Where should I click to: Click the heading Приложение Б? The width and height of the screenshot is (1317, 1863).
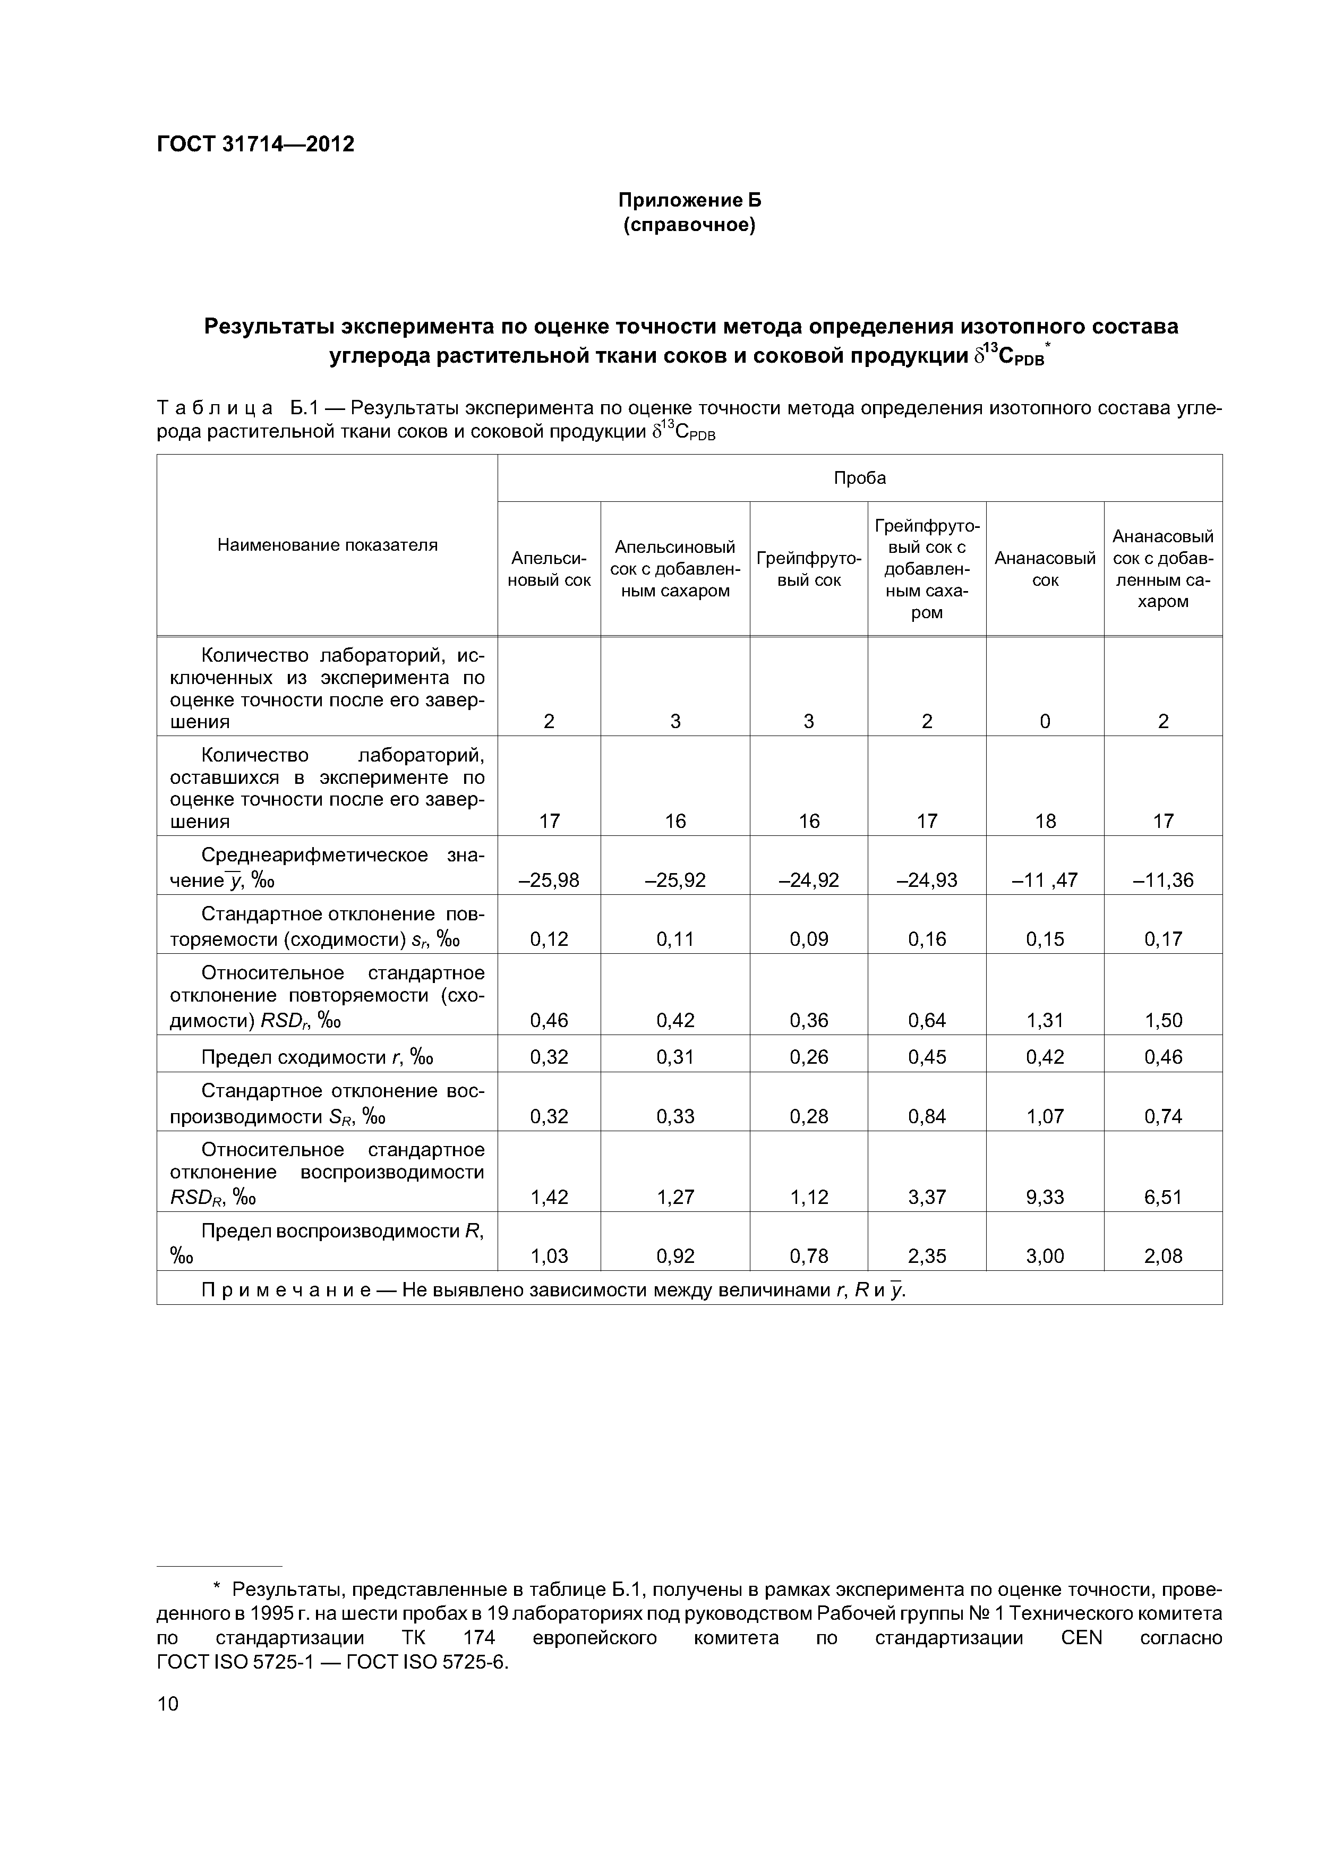[x=689, y=200]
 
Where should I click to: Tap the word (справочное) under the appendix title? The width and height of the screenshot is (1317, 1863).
[x=689, y=225]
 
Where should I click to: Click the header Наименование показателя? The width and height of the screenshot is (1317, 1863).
[x=327, y=544]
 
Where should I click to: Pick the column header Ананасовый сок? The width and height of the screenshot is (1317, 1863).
[x=1045, y=569]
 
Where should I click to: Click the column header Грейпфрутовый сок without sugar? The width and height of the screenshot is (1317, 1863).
[x=808, y=569]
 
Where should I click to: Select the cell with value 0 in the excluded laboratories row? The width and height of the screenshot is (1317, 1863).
[x=1045, y=721]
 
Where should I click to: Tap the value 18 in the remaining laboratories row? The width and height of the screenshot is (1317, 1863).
[x=1045, y=821]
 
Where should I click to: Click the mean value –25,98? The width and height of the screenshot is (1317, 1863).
[x=549, y=879]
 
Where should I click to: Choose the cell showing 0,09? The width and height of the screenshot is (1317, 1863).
[x=808, y=939]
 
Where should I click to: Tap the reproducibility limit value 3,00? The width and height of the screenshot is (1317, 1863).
[x=1045, y=1256]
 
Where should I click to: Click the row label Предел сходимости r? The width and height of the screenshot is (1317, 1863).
[x=317, y=1056]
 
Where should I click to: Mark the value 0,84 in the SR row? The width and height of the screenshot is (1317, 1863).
[x=927, y=1116]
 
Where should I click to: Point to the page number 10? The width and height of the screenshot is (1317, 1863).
[x=167, y=1703]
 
